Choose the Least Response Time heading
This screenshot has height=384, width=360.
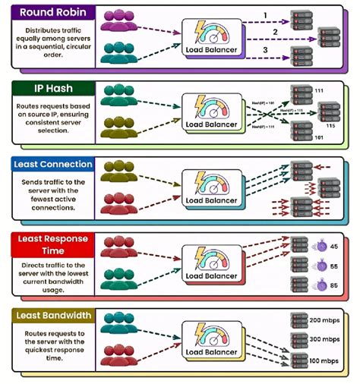click(49, 244)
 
